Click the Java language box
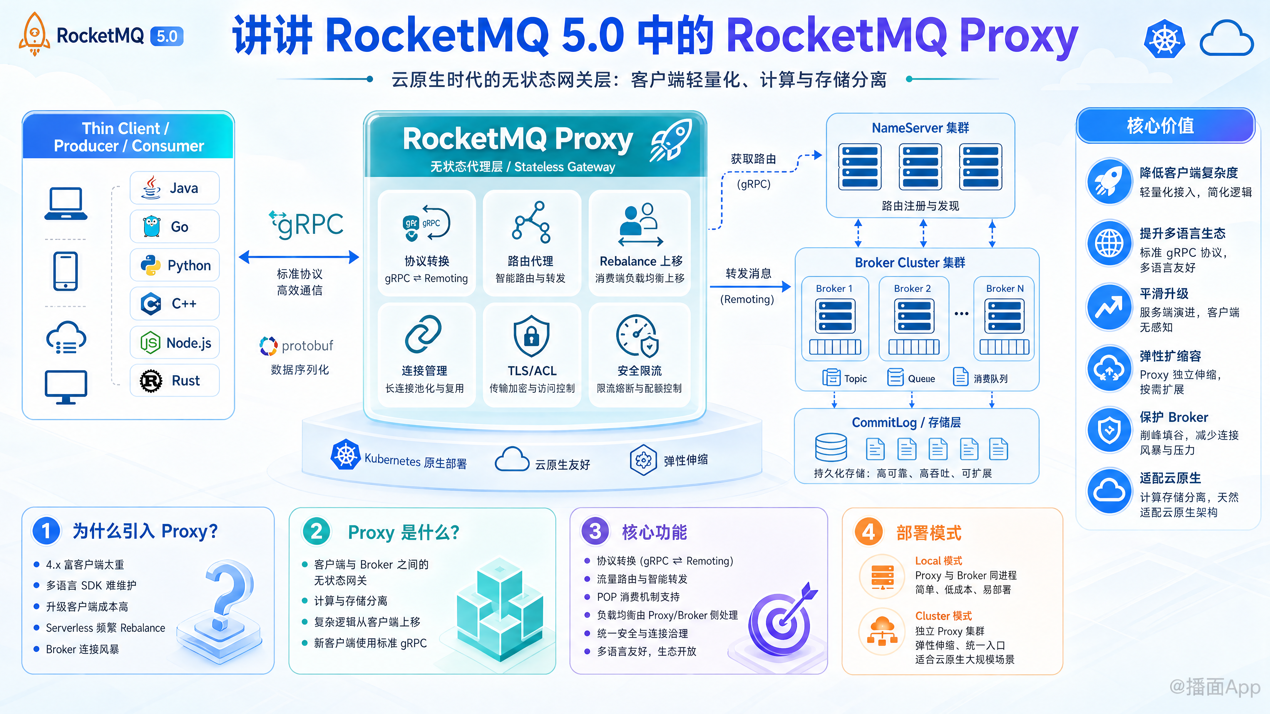(x=175, y=188)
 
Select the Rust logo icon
(x=151, y=381)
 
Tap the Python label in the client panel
(x=189, y=265)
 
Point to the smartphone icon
(x=65, y=271)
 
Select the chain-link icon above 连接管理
(x=423, y=335)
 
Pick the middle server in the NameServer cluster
(x=920, y=167)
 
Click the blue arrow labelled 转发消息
(x=750, y=286)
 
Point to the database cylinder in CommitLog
(x=831, y=448)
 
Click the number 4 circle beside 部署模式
(x=869, y=532)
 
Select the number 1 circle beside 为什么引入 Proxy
(x=46, y=531)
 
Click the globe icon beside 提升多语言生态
(x=1109, y=243)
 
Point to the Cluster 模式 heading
(x=943, y=616)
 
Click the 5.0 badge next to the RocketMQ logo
(x=167, y=36)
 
